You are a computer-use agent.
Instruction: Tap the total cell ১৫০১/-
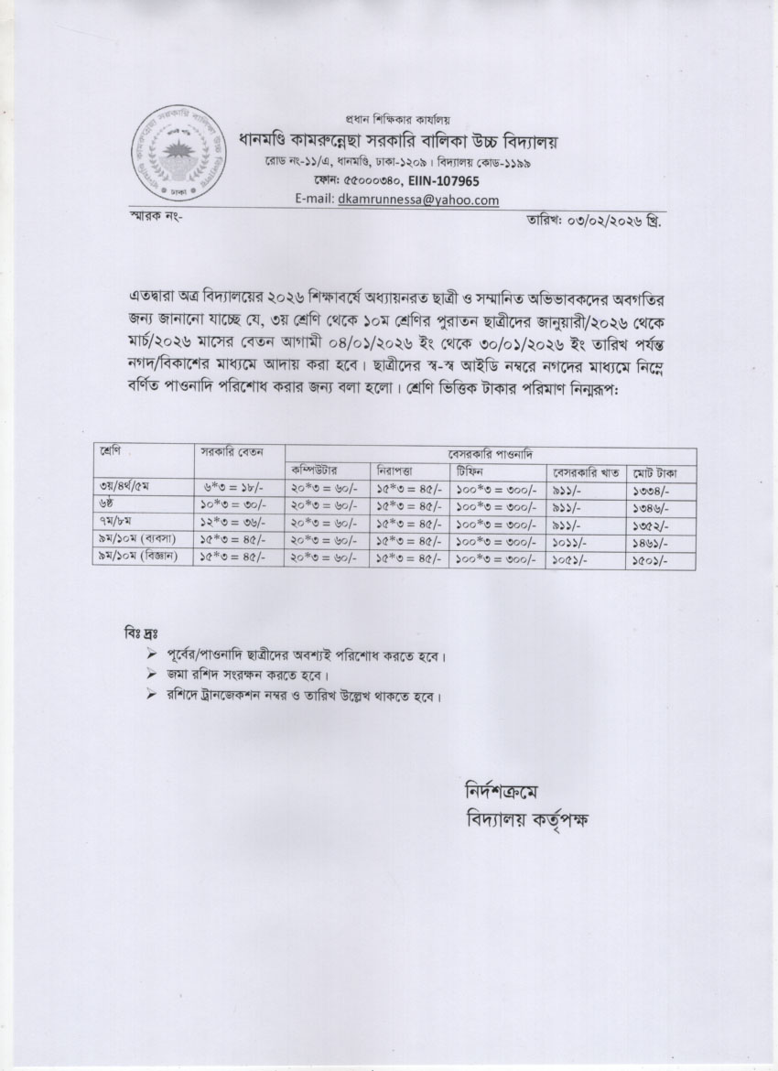point(651,558)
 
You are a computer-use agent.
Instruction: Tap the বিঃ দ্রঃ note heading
point(141,634)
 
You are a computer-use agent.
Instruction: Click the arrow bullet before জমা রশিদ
point(152,676)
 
